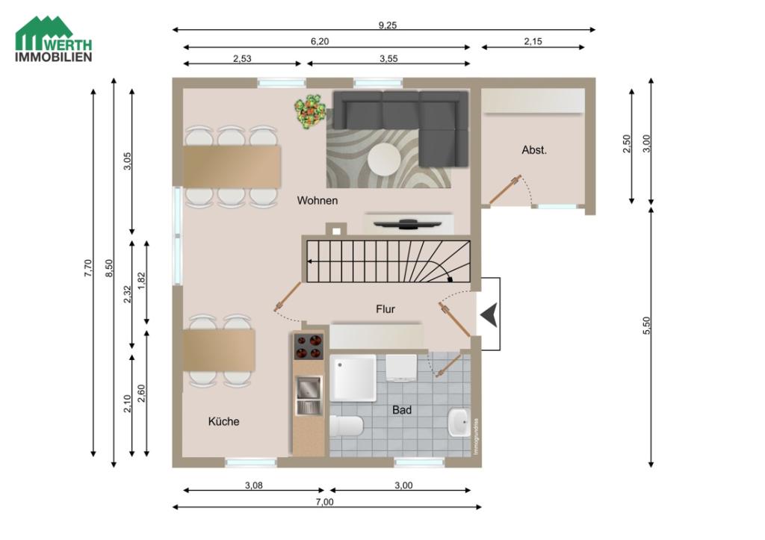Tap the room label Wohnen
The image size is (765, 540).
[318, 200]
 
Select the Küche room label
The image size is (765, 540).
[223, 421]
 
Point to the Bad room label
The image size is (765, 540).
[402, 409]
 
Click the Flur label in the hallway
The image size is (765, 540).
[385, 308]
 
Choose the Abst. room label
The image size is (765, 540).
[534, 149]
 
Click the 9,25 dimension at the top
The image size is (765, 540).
[387, 25]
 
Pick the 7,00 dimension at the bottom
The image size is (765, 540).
[324, 502]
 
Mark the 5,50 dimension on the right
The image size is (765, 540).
[647, 326]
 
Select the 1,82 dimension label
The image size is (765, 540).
[142, 281]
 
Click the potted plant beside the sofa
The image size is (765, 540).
[310, 112]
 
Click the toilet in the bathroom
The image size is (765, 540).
[346, 426]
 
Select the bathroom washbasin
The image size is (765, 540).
[459, 423]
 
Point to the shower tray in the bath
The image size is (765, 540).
[354, 378]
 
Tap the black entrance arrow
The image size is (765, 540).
[488, 314]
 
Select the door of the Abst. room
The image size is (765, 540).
[505, 190]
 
